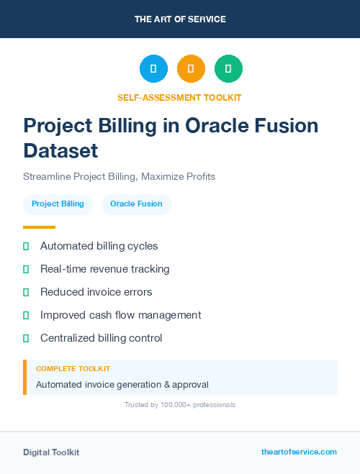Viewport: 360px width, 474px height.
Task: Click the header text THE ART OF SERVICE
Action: coord(180,19)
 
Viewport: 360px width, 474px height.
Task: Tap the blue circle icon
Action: coord(153,69)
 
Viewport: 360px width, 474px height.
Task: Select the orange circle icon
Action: coord(191,69)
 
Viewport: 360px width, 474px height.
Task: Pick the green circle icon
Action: coord(228,69)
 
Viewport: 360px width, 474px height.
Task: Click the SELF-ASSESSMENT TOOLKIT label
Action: coord(179,97)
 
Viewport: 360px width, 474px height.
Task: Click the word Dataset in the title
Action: coord(60,151)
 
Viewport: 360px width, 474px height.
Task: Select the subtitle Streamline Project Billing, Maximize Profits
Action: coord(119,176)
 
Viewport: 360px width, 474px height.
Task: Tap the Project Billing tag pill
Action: coord(58,204)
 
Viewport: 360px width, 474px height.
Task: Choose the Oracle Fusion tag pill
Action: coord(136,204)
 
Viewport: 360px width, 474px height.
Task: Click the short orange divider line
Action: coord(39,227)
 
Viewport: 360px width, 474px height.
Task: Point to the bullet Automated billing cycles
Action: coord(99,246)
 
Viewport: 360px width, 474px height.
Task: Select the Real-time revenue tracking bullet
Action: coord(104,269)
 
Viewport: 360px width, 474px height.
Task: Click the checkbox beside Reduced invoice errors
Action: coord(26,292)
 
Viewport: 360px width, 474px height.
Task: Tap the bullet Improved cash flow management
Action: coord(120,315)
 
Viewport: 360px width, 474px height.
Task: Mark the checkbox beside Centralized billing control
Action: coord(26,338)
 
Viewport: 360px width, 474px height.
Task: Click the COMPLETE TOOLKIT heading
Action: coord(73,369)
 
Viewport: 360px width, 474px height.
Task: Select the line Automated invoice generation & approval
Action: coord(122,385)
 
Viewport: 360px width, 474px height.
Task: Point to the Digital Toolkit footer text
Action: coord(51,452)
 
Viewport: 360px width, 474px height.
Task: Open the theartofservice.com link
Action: coord(299,452)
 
